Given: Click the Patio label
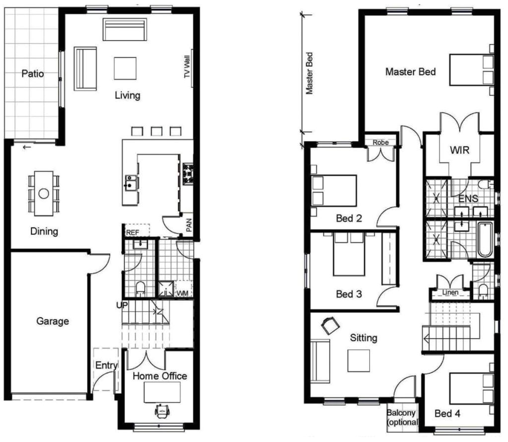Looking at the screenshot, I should tap(33, 74).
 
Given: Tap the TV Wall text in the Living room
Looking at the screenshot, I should tap(188, 67).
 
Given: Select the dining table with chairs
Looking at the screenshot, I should tap(44, 193).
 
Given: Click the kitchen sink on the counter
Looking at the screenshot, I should tap(131, 182).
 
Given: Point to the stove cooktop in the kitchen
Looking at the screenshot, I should tap(188, 174).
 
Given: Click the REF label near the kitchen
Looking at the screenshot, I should tap(132, 232).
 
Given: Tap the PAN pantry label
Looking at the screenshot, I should tap(189, 226).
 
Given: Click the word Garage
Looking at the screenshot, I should tap(53, 321).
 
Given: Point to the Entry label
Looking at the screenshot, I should tap(106, 366).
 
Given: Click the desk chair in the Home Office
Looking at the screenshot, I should tap(162, 411).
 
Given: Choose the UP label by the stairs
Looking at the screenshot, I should tap(122, 305).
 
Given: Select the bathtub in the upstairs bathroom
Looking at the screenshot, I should tap(485, 239).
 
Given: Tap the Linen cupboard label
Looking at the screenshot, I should tap(449, 293).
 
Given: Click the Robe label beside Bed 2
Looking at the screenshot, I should tap(381, 142).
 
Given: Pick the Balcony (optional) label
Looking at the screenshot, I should tap(402, 417).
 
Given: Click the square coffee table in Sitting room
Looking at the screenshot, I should tap(358, 361).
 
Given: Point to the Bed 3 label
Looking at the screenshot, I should tap(349, 294).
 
